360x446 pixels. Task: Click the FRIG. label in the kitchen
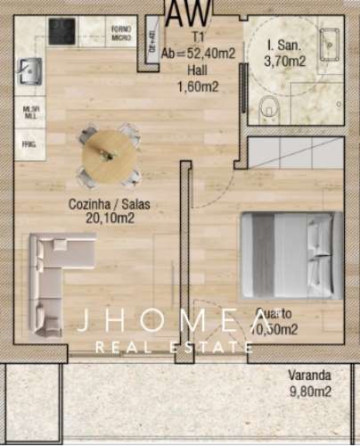[28, 143]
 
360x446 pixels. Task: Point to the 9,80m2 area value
[310, 391]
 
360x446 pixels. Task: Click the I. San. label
[285, 45]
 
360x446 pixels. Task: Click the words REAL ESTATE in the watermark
[182, 347]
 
